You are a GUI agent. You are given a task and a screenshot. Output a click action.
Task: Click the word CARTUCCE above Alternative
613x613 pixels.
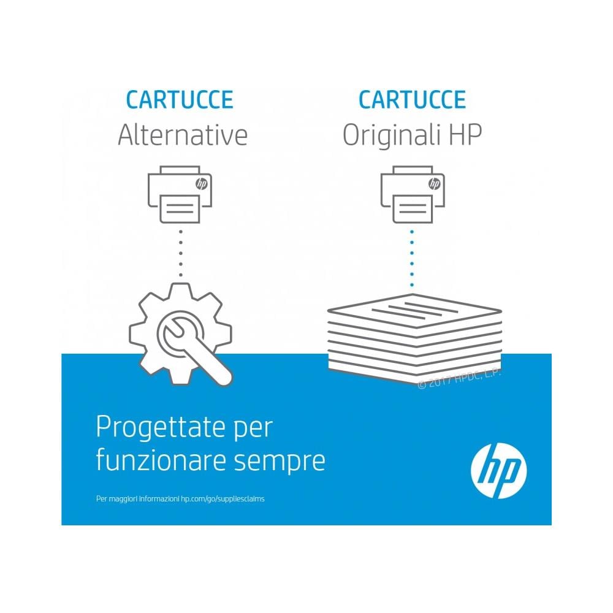point(180,100)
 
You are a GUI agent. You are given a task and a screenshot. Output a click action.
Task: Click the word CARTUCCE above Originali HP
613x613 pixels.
point(412,100)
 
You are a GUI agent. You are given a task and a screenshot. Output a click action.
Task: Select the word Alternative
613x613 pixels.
point(183,135)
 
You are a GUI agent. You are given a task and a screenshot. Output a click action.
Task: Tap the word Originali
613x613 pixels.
point(391,135)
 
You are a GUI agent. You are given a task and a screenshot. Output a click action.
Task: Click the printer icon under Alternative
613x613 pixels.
point(180,194)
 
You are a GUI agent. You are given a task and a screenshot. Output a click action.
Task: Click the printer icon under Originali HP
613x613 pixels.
point(413,194)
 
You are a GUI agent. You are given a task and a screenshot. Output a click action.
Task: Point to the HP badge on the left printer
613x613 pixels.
point(201,183)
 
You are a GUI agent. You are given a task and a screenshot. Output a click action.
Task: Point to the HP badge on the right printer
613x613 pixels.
point(434,183)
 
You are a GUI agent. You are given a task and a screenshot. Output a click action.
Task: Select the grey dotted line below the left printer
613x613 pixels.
point(180,253)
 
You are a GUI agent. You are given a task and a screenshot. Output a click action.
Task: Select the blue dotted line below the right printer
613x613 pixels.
point(412,259)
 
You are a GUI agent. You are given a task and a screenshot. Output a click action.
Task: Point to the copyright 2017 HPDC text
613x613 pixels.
point(459,378)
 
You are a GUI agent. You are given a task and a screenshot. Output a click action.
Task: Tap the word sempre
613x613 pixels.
point(279,462)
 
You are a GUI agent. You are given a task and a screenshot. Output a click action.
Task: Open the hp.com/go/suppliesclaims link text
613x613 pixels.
point(223,499)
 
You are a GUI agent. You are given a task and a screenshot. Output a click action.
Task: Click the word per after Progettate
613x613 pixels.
point(253,430)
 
